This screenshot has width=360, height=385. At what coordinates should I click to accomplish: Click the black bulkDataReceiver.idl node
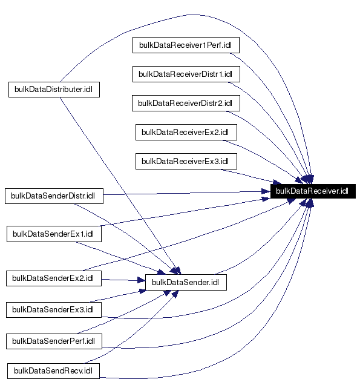[x=312, y=191]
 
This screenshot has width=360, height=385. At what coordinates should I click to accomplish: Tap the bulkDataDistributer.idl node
[x=54, y=90]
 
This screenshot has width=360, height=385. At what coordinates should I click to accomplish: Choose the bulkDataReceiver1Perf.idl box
[x=189, y=45]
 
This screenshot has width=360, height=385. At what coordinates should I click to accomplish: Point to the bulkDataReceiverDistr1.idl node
[x=189, y=74]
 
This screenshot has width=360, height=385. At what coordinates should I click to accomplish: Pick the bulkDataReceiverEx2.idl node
[x=189, y=132]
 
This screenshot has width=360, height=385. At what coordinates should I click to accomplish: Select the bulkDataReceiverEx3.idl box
[x=189, y=161]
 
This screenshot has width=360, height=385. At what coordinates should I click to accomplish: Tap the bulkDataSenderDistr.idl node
[x=54, y=196]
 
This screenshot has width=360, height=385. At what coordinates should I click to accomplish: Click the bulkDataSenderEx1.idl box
[x=53, y=234]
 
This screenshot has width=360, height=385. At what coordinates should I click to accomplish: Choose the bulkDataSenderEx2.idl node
[x=53, y=278]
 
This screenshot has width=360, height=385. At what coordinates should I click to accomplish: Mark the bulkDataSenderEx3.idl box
[x=53, y=310]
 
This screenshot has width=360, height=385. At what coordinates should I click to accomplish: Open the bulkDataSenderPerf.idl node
[x=53, y=341]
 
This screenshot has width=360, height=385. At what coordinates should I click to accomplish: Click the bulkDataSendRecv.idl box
[x=53, y=370]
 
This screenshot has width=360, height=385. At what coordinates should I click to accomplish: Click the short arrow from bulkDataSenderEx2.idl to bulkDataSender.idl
[x=123, y=280]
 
